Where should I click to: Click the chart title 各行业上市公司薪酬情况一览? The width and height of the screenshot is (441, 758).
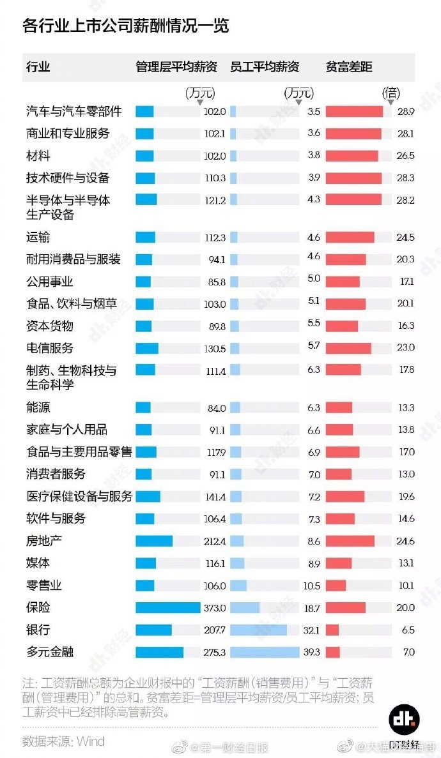[126, 26]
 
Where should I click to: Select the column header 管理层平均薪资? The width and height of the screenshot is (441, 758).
[176, 67]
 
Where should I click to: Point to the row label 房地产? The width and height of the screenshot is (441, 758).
[43, 541]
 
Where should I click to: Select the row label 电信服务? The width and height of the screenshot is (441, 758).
[50, 348]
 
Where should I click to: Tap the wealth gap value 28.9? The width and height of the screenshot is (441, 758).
[405, 112]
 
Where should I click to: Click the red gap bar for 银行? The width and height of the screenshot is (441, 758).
[332, 630]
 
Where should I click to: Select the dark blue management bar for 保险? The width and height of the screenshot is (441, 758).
[167, 607]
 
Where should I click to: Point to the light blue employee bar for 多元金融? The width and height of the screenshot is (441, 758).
[265, 652]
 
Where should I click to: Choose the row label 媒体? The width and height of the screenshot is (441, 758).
[38, 563]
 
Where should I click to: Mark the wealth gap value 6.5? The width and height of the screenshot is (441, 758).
[407, 630]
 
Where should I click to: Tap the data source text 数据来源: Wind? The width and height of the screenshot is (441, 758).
[63, 741]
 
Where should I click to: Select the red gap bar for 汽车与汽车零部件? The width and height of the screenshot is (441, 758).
[354, 112]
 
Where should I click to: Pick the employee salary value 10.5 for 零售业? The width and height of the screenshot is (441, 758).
[312, 586]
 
